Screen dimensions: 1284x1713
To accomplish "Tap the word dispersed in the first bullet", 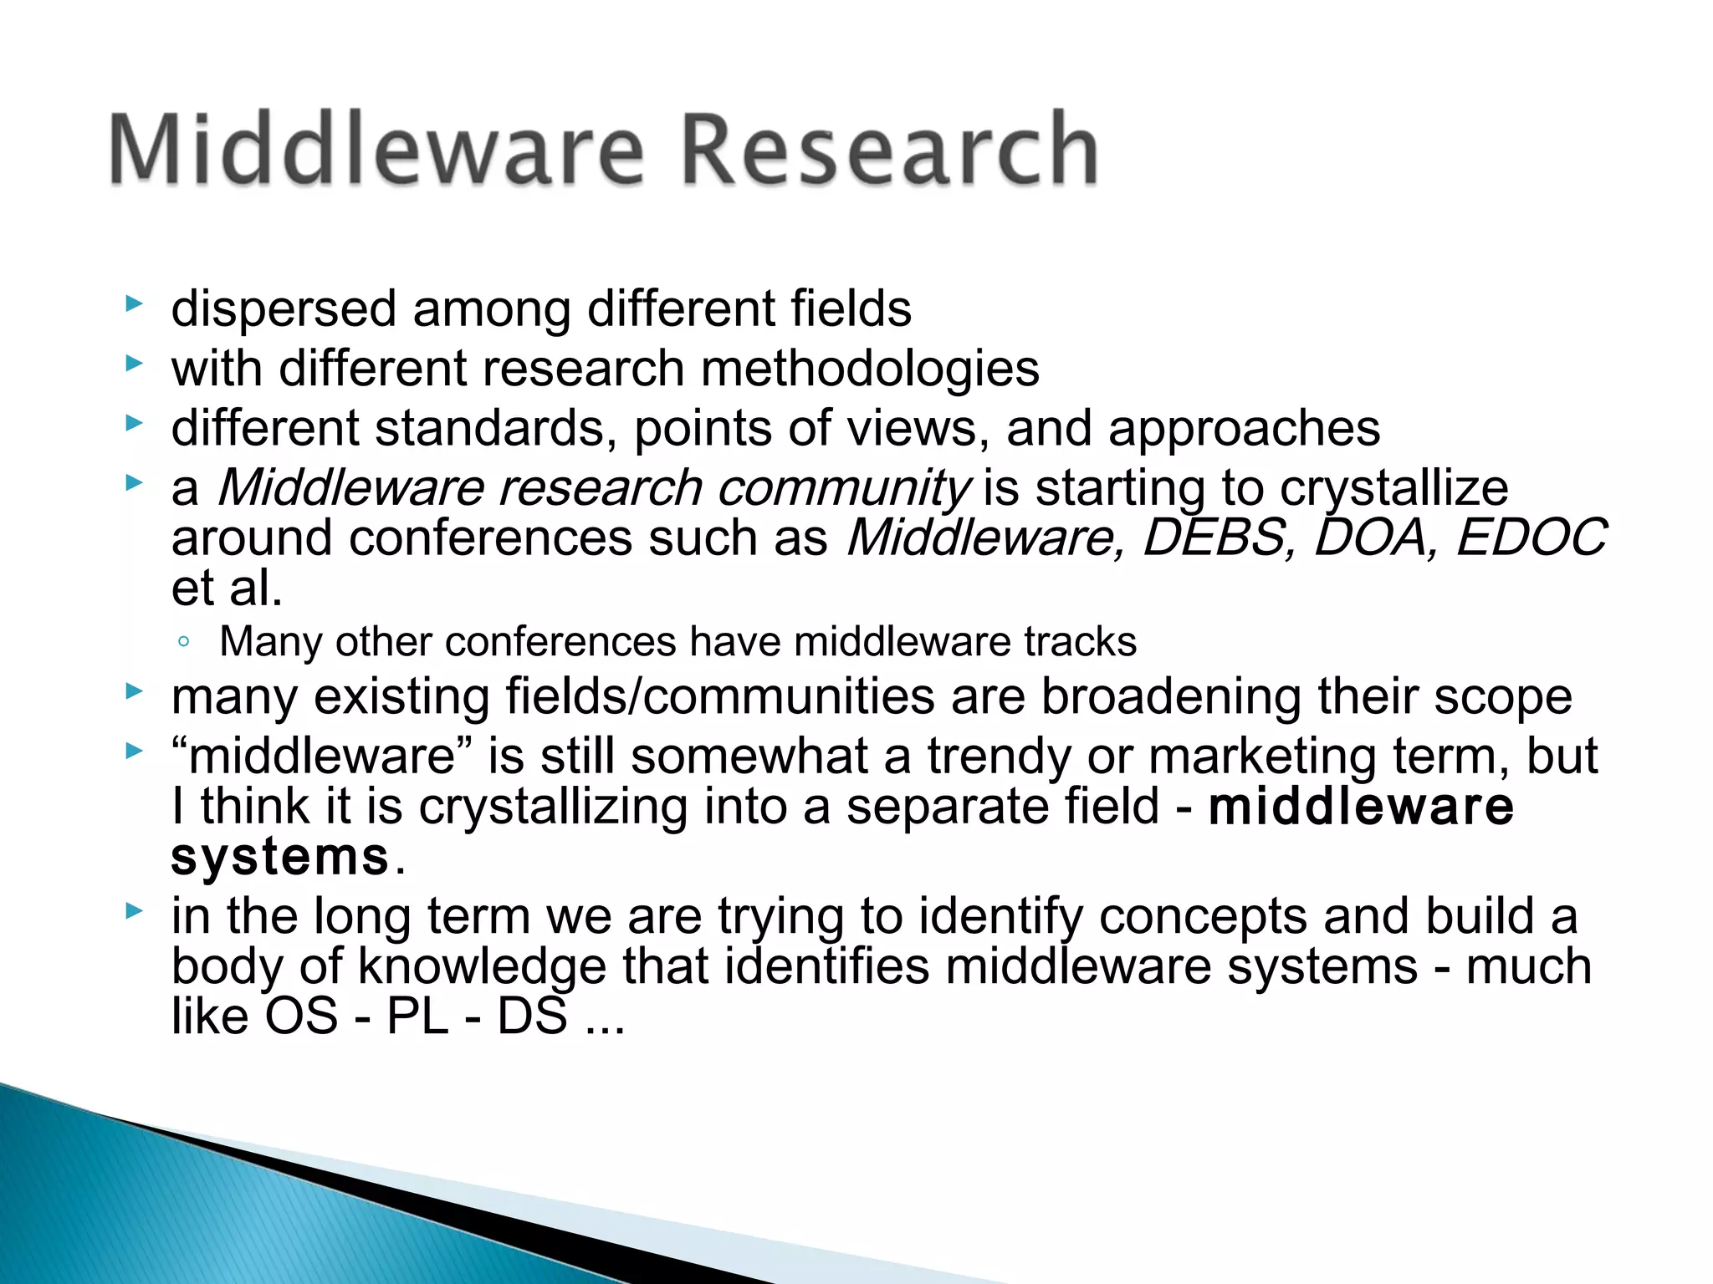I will click(284, 309).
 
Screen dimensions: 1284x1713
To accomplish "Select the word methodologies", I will click(870, 369).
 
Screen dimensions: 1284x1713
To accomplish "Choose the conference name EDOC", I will click(1531, 538).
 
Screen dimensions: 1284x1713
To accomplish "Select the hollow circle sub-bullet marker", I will click(184, 643).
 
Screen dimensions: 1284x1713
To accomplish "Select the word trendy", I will click(1000, 756).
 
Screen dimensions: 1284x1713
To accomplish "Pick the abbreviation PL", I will click(417, 1016).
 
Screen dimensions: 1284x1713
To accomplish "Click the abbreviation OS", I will click(301, 1016).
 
